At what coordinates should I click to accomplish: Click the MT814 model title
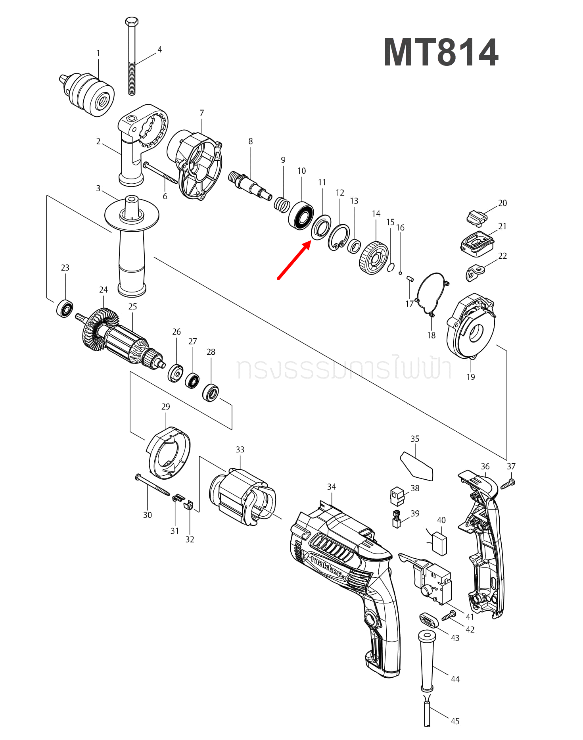pyautogui.click(x=441, y=53)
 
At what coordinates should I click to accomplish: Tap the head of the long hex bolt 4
pyautogui.click(x=132, y=21)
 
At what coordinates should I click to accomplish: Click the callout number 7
pyautogui.click(x=202, y=113)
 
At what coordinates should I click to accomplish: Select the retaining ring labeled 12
pyautogui.click(x=339, y=237)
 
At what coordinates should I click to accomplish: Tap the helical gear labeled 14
pyautogui.click(x=374, y=258)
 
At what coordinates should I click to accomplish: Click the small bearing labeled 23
pyautogui.click(x=65, y=308)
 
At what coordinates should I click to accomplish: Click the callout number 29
pyautogui.click(x=166, y=407)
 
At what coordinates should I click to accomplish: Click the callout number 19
pyautogui.click(x=471, y=377)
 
